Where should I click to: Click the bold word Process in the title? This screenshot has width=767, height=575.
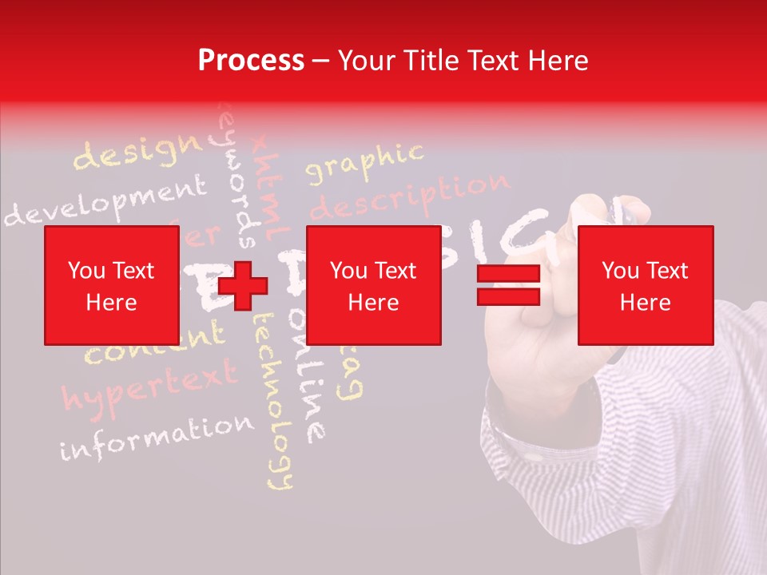click(x=251, y=61)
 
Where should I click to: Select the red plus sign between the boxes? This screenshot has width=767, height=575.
click(x=243, y=286)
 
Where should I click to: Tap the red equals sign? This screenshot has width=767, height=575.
click(x=508, y=285)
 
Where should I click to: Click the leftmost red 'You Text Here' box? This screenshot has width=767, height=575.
click(x=112, y=285)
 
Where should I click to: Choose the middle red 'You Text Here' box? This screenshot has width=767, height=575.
click(x=374, y=285)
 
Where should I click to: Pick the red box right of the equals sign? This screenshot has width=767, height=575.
click(x=645, y=285)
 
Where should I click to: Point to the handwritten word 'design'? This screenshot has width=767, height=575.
click(x=137, y=152)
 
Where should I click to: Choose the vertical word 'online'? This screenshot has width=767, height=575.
click(x=308, y=375)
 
